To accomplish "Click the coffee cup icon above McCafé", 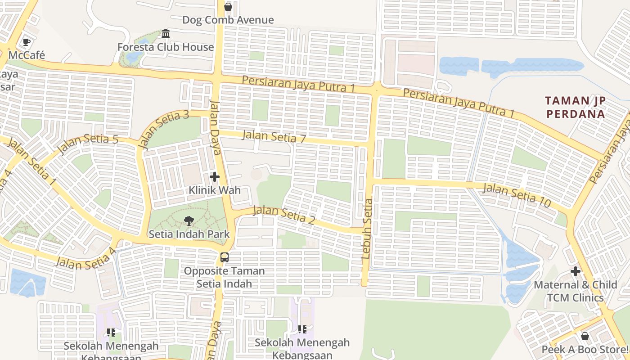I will [27, 42].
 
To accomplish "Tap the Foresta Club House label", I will [166, 47].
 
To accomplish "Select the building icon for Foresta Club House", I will [166, 34].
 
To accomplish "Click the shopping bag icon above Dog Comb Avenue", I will [228, 7].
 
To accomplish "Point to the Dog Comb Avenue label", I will [228, 20].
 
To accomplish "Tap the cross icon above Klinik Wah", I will [215, 177].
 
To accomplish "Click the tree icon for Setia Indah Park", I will [189, 220].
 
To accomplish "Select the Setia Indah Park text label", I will [189, 234].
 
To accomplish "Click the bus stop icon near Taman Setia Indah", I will [224, 257].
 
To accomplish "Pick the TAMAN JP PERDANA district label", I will [576, 107].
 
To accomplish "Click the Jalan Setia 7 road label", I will [274, 137].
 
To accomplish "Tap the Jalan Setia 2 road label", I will [283, 216].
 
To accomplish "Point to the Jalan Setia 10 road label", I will [517, 195].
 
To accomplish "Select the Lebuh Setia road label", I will [367, 229].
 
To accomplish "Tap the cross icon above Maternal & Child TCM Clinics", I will [575, 271].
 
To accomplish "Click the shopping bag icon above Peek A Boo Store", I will [585, 336].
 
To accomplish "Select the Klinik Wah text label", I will [215, 190].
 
